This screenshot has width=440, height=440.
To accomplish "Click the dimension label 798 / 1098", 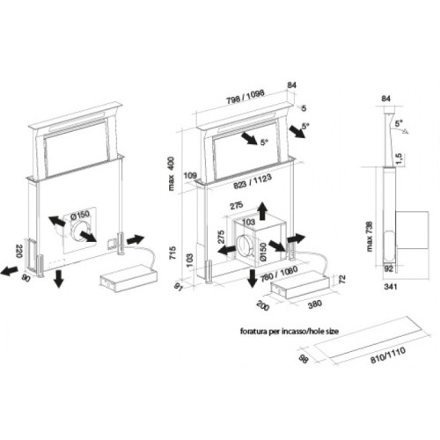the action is (246, 97).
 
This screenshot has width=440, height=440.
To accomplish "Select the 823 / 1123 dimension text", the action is (253, 182).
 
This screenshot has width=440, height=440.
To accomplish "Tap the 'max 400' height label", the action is (171, 173).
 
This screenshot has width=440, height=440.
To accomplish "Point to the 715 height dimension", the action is (172, 253).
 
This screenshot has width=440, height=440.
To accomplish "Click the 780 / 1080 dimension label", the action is (279, 274).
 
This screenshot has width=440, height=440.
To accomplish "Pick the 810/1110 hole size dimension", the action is (388, 355).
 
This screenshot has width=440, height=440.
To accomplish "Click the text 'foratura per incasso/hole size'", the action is (290, 332).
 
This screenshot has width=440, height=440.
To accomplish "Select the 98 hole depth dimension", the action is (304, 359).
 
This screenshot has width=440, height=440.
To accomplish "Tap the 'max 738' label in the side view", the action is (369, 237).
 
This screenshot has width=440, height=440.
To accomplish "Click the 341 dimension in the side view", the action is (391, 286).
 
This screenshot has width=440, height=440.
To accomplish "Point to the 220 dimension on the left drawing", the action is (18, 251).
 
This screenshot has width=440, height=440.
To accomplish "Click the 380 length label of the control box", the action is (315, 304).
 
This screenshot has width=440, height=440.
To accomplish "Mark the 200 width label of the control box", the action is (263, 305).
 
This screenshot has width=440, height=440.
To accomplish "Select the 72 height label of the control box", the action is (342, 279).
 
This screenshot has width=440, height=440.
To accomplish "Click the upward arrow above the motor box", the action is (262, 211).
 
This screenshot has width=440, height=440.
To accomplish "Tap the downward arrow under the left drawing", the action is (59, 279).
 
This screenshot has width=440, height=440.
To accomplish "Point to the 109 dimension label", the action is (190, 175).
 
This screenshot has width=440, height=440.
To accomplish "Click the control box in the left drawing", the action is (128, 278).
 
